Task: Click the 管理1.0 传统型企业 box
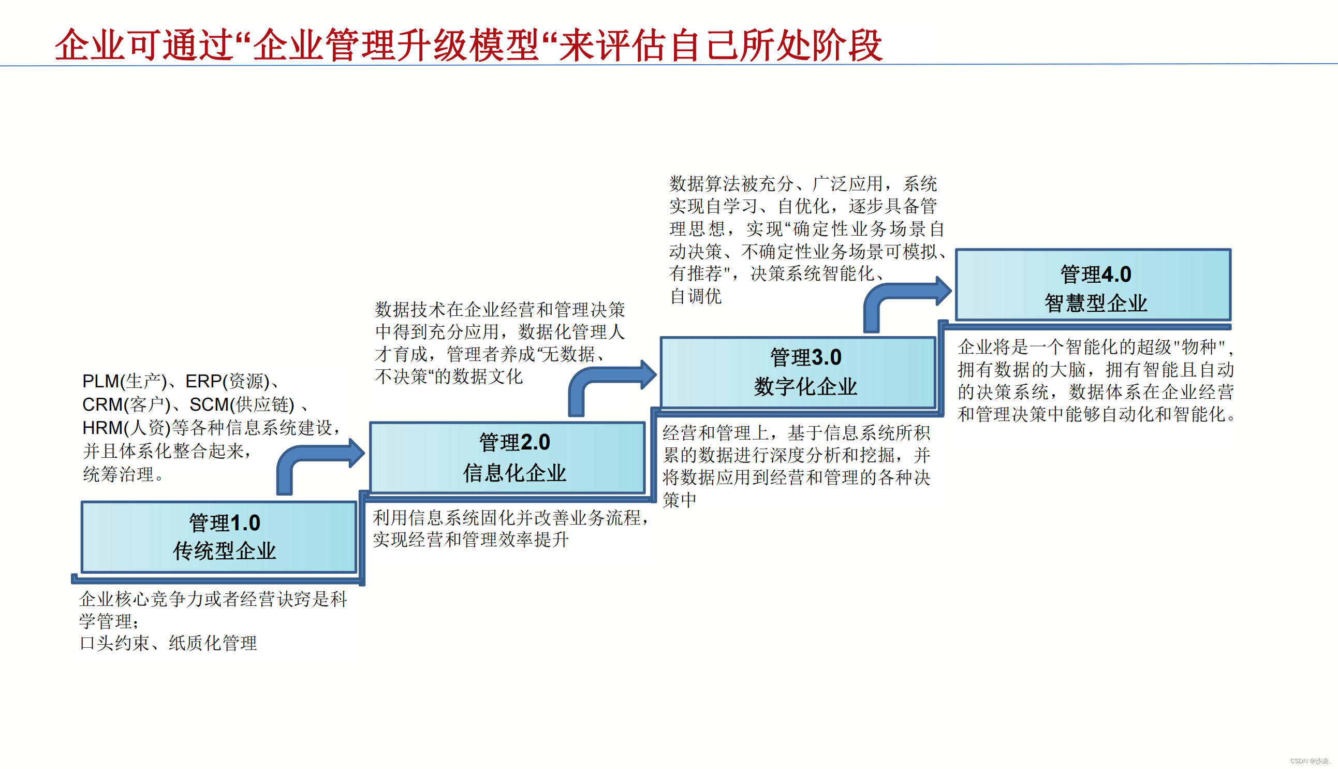pos(219,536)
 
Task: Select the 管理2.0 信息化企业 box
pos(508,457)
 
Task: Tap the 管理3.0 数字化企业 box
pos(798,372)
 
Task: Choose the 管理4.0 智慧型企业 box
pos(1093,285)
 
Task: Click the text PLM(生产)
pos(125,381)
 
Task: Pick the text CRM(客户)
pos(126,404)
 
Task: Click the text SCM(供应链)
pos(242,404)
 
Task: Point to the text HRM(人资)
pos(126,427)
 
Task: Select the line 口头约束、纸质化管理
pos(168,643)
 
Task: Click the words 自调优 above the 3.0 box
pos(696,296)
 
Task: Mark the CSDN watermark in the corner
pos(1310,761)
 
